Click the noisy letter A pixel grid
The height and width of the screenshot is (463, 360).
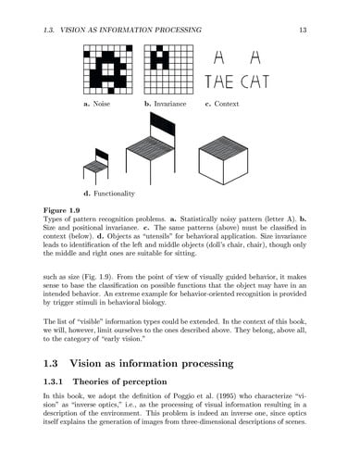point(107,70)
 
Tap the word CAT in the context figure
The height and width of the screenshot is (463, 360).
point(254,83)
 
